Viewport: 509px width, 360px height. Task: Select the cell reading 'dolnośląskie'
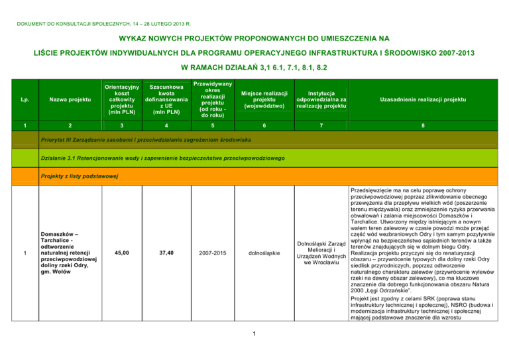263,252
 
